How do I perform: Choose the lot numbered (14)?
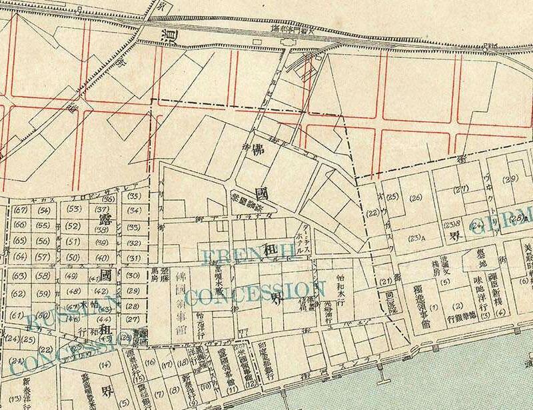tap(105, 365)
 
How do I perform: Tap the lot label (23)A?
tap(418, 238)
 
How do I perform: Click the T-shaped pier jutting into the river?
tap(379, 367)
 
